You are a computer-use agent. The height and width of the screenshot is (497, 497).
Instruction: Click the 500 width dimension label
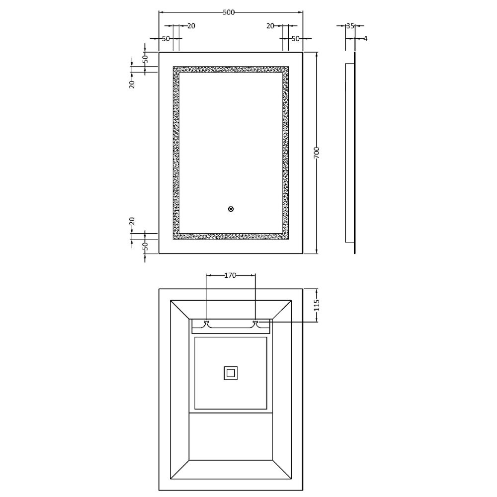tap(229, 13)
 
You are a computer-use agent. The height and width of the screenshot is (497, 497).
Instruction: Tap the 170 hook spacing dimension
tap(230, 275)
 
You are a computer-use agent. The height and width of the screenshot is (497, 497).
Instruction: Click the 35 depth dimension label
tap(350, 26)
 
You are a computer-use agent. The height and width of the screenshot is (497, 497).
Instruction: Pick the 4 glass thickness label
tap(365, 38)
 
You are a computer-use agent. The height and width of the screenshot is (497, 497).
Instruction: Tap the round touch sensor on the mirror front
tap(231, 209)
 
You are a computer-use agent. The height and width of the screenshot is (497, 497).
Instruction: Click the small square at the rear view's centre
tap(231, 372)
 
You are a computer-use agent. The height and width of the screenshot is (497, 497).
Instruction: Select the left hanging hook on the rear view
tap(206, 323)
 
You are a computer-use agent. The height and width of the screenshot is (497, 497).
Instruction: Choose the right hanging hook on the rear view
tap(255, 323)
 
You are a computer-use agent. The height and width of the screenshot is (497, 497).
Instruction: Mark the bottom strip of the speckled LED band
tap(230, 236)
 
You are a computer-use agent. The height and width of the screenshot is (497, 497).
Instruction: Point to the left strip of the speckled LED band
tap(176, 153)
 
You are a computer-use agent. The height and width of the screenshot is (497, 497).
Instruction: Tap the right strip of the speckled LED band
tap(285, 153)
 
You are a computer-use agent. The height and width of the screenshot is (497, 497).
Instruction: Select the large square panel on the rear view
tap(230, 373)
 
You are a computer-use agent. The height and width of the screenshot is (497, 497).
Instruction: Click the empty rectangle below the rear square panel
tap(230, 437)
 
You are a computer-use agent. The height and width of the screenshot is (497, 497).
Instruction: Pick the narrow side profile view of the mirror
tap(350, 153)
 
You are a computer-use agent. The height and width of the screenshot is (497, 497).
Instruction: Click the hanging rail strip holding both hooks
tap(231, 327)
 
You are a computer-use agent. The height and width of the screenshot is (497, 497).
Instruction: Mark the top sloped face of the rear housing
tap(230, 309)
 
